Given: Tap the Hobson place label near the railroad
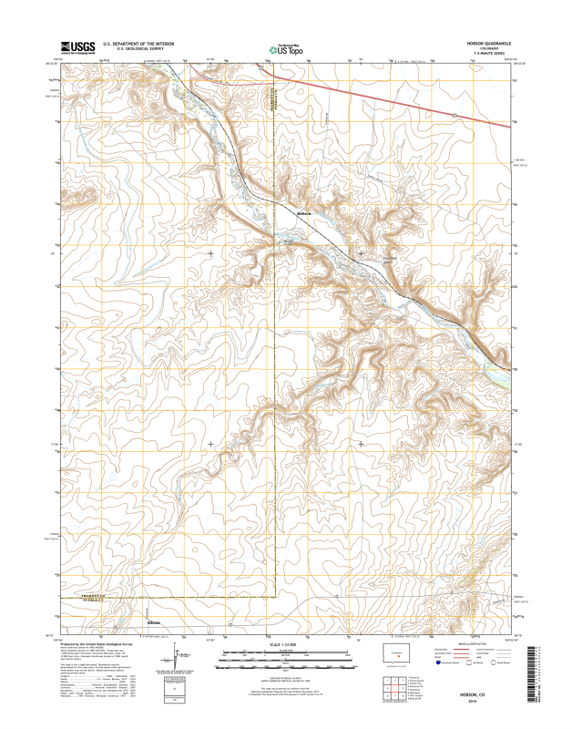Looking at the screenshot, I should click(x=304, y=214).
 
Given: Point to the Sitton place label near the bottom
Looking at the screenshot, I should click(x=153, y=622).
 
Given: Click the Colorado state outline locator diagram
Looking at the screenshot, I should click(x=396, y=654).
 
